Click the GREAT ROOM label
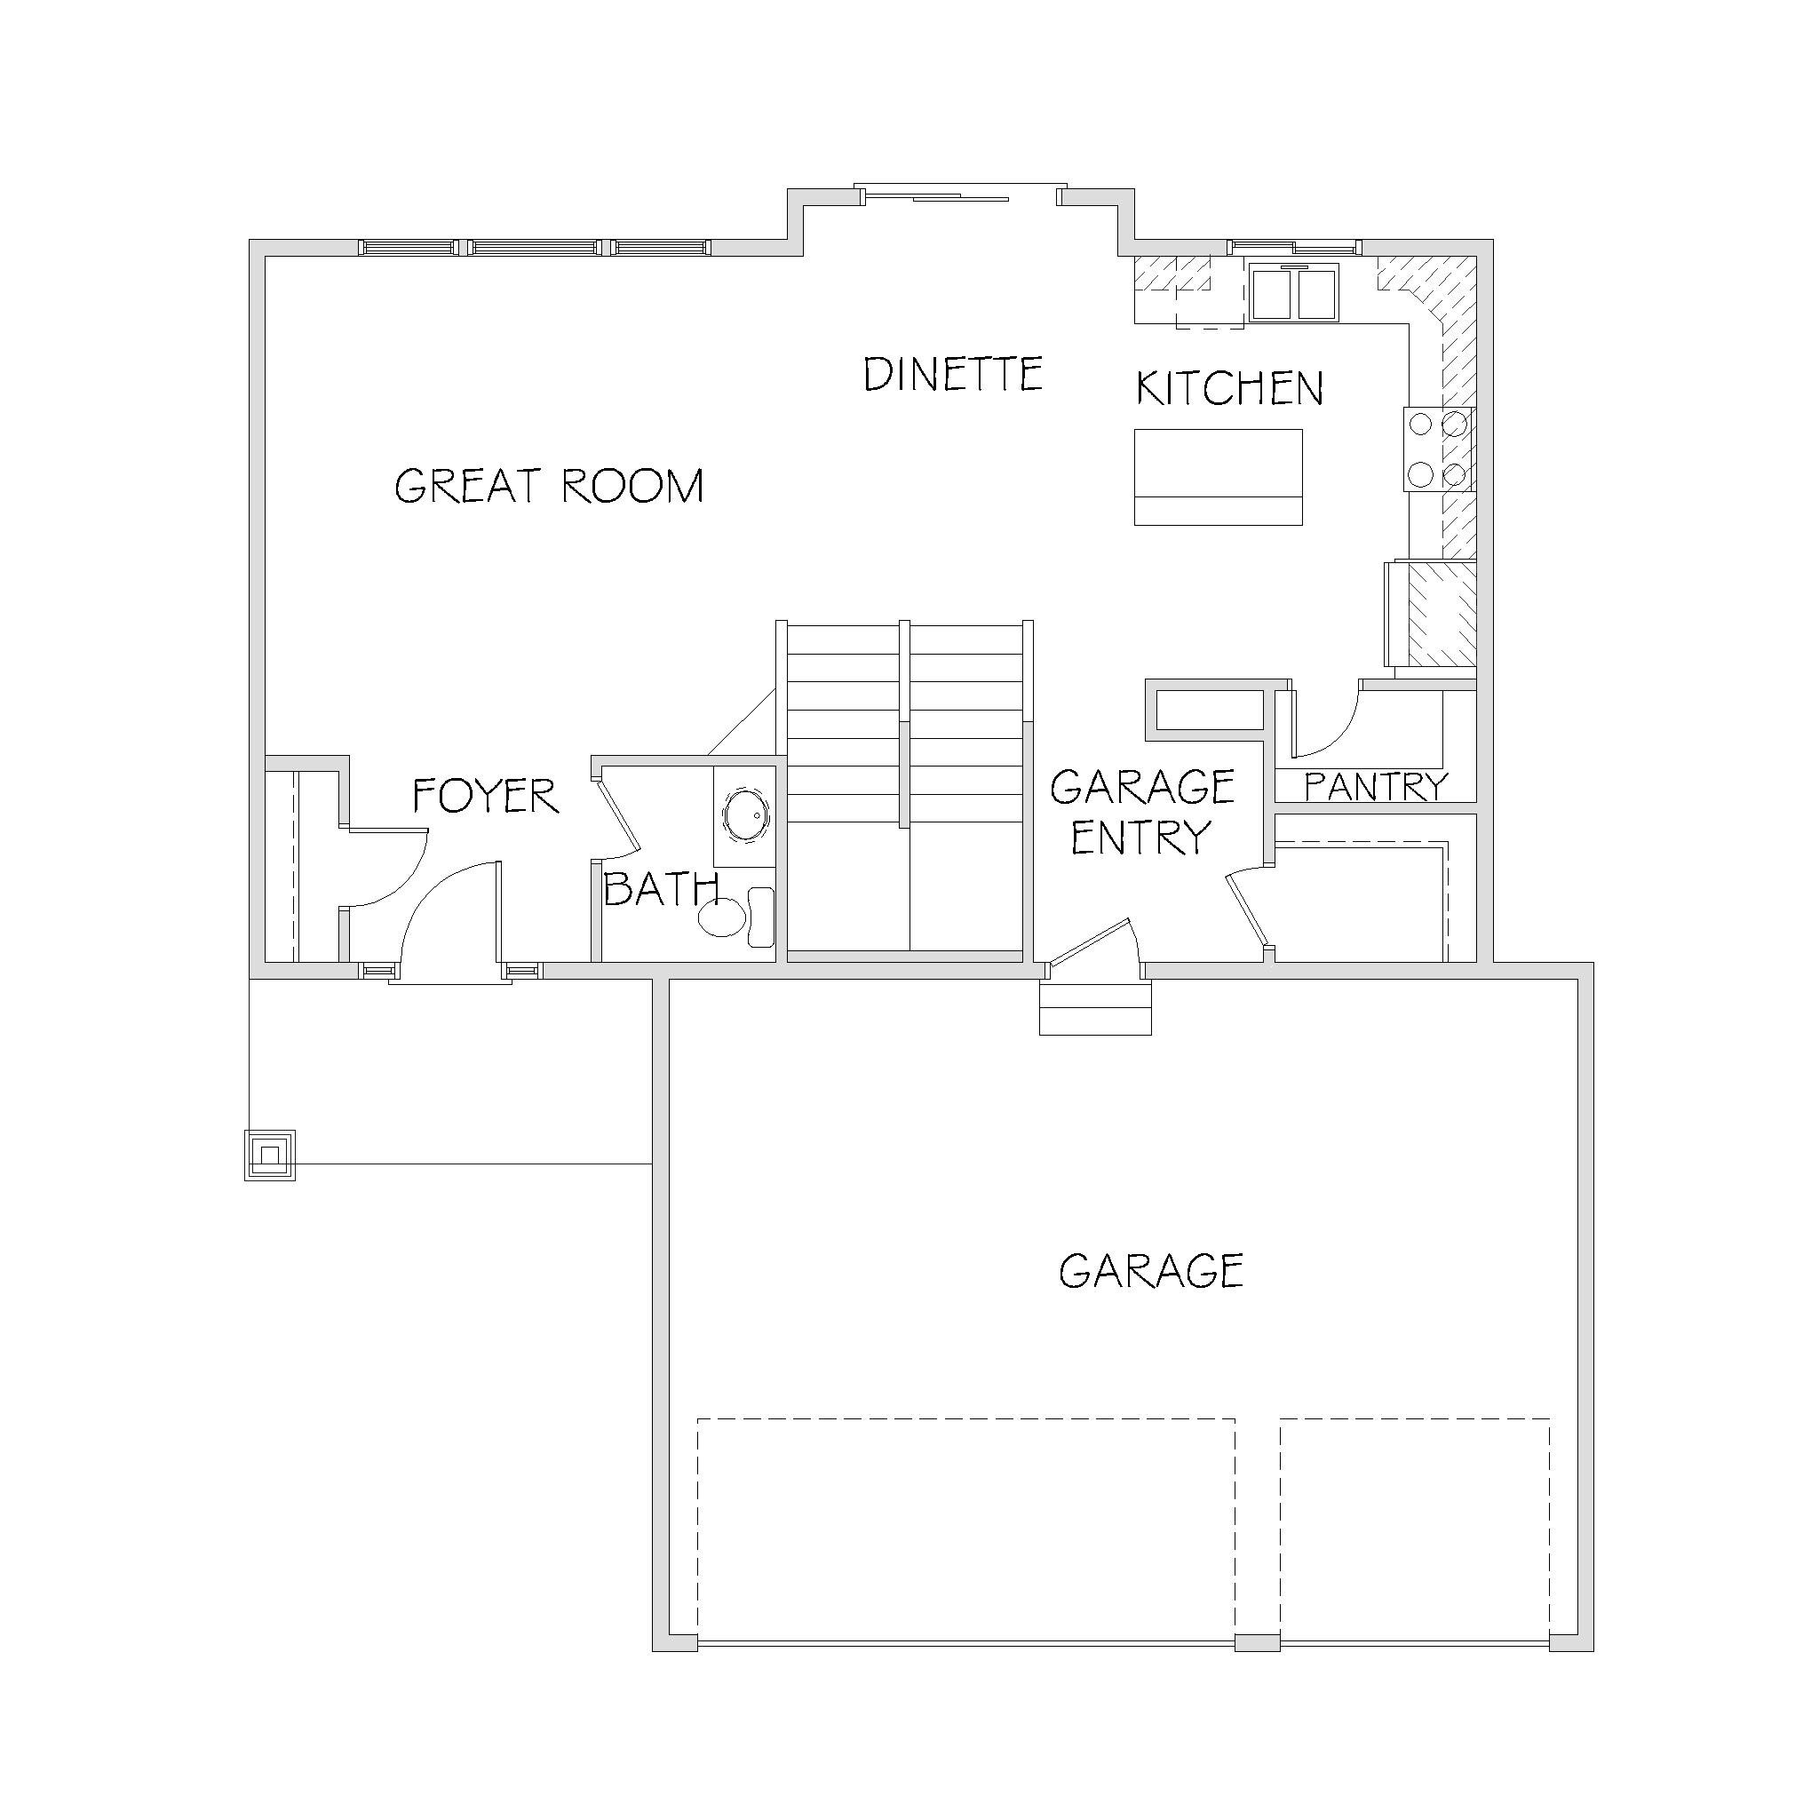[x=549, y=486]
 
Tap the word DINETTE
[x=953, y=374]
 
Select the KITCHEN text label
[x=1229, y=388]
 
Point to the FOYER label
[x=486, y=796]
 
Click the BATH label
[x=661, y=889]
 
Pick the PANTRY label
[x=1377, y=786]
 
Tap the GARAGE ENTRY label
[x=1142, y=812]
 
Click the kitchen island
[x=1219, y=477]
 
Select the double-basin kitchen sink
[x=1296, y=294]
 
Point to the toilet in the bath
[x=736, y=917]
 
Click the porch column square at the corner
[x=270, y=1156]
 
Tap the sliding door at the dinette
[x=960, y=195]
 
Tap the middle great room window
[x=535, y=248]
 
